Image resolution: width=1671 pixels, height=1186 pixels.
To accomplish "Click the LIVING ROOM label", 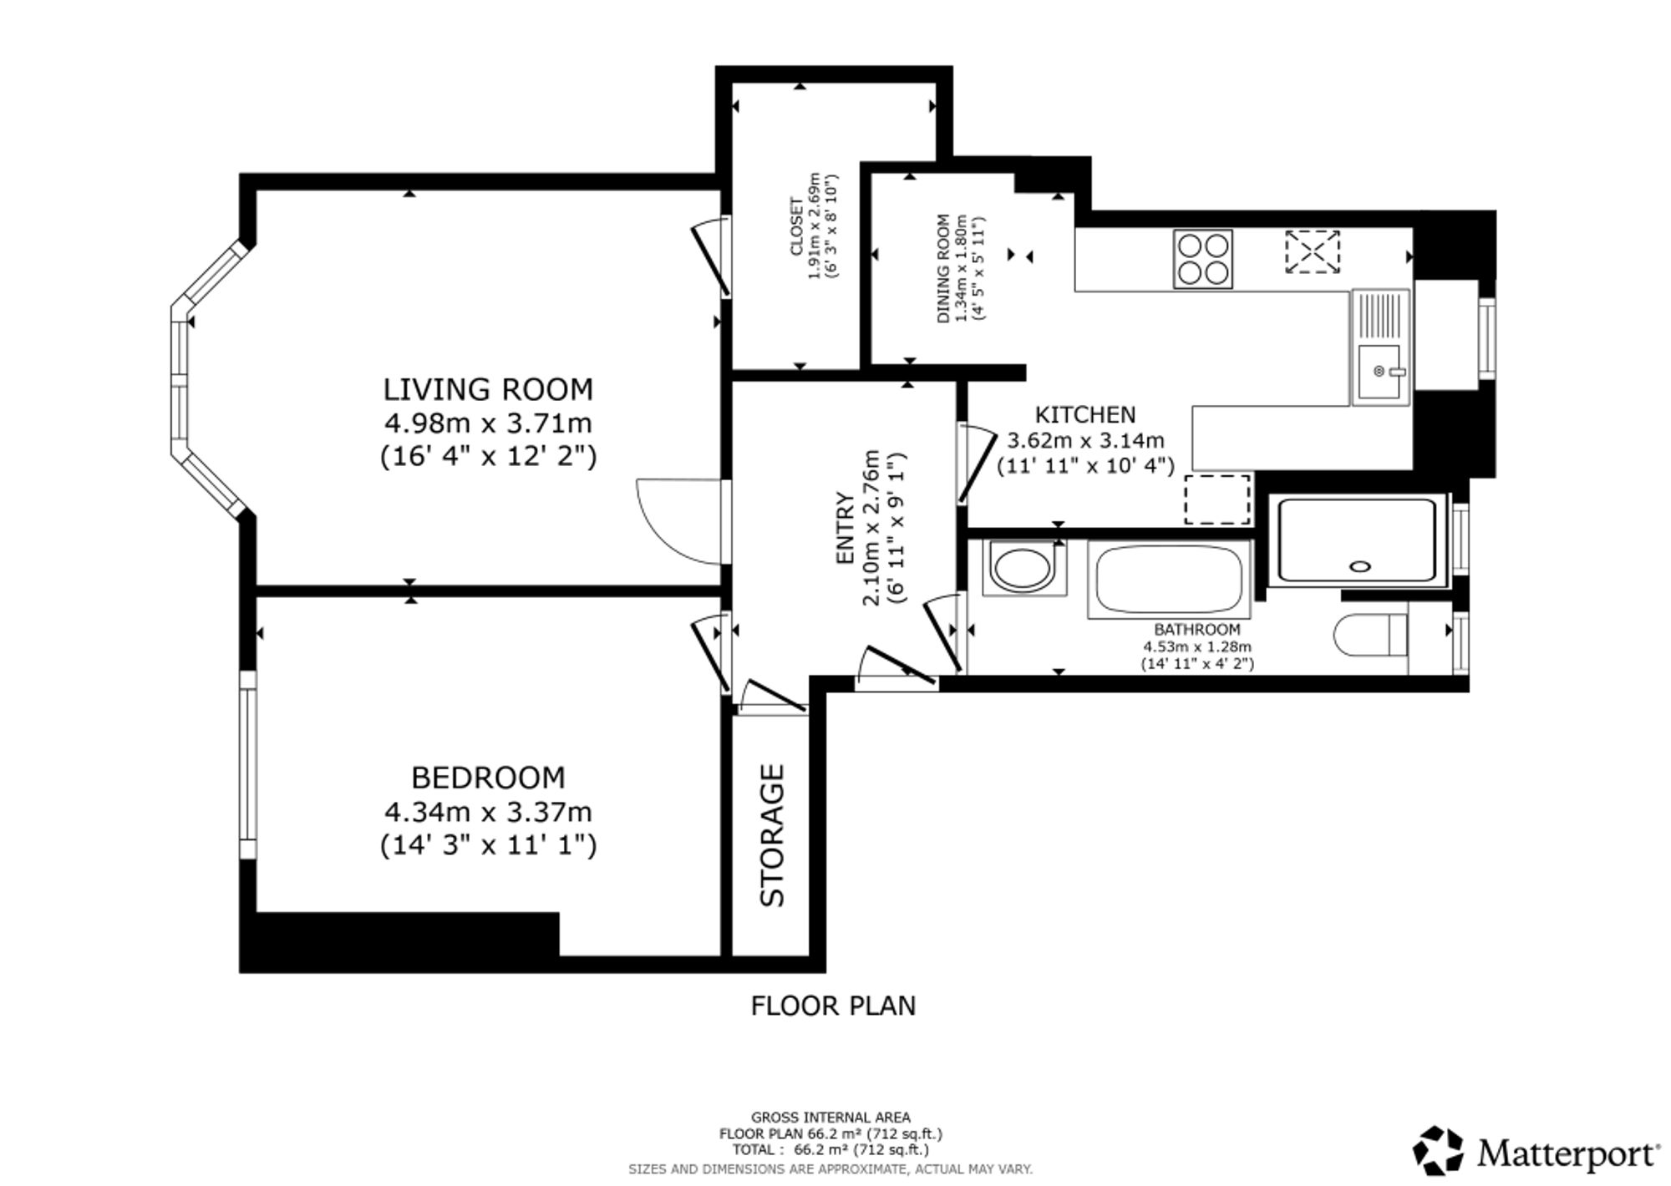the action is (x=488, y=389).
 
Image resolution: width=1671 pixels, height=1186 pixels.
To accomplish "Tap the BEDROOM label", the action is (x=488, y=778).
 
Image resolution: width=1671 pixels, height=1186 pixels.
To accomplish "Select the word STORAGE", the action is (x=773, y=835).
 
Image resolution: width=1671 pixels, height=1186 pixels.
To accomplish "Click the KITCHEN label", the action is (x=1085, y=414).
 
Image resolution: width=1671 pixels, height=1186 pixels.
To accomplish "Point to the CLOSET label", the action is (x=795, y=226).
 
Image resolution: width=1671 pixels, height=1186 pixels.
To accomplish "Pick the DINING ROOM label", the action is (x=943, y=269).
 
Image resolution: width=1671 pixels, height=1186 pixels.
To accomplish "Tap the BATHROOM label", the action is (x=1197, y=630).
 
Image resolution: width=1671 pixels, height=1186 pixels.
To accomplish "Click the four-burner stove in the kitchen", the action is (x=1202, y=259).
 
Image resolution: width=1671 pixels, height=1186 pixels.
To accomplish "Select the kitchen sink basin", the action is (x=1380, y=372).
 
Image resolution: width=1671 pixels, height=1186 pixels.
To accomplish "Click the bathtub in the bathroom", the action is (x=1169, y=580).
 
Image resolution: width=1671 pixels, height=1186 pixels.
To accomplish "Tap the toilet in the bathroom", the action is (x=1371, y=635).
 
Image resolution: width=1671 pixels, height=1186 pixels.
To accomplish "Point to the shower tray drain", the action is (x=1360, y=566).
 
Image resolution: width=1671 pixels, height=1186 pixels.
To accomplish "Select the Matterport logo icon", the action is (x=1438, y=1150).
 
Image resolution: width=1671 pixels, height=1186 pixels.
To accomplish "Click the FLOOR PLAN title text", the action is (x=833, y=1006).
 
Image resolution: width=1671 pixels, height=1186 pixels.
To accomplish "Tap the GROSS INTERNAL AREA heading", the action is (x=830, y=1118).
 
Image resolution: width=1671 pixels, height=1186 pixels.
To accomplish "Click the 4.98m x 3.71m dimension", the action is (x=488, y=423).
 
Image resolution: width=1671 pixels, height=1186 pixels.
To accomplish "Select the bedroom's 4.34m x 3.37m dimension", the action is (x=488, y=812).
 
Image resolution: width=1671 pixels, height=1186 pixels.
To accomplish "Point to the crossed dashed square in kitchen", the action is (x=1312, y=252).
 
